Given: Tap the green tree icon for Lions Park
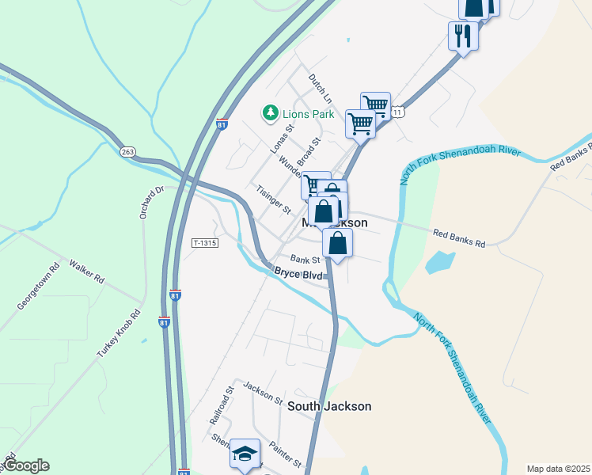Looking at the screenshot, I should (271, 114).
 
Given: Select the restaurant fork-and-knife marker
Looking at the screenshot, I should (462, 35).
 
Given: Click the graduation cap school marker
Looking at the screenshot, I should (245, 454).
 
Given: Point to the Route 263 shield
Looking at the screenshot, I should (127, 151).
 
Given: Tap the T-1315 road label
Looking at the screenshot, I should (205, 242).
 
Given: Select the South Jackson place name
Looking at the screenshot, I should (329, 406).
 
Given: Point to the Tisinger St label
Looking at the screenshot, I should (274, 199).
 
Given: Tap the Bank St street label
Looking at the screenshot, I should (305, 259).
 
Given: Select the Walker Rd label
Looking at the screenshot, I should (86, 272).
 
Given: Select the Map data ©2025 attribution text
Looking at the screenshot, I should (558, 469).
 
